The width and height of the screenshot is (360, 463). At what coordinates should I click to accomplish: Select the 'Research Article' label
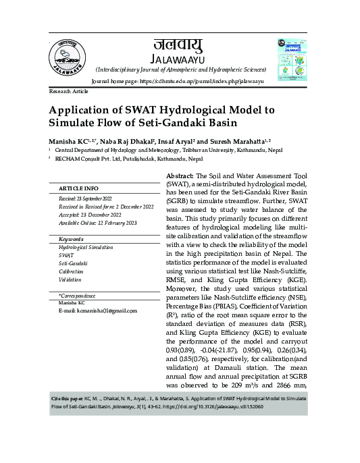click(x=69, y=90)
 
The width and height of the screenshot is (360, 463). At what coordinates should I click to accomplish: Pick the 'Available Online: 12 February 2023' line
click(x=99, y=223)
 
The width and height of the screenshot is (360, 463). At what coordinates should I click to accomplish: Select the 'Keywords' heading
click(x=71, y=240)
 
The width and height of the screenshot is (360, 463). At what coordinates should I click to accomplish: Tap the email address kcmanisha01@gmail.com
click(x=97, y=310)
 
